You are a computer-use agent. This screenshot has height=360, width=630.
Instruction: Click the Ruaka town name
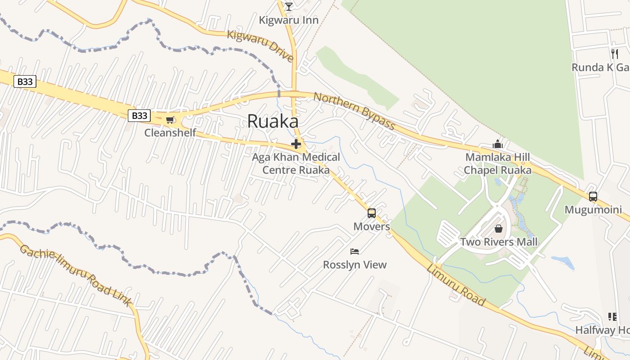point(273,121)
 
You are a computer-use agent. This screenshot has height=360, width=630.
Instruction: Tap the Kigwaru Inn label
point(289,20)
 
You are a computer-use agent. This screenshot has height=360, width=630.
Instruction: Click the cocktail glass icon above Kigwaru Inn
point(289,6)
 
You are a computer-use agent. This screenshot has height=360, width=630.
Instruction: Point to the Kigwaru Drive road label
point(261,46)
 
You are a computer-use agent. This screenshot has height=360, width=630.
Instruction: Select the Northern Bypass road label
point(354,110)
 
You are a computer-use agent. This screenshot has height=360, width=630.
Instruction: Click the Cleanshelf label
point(170,133)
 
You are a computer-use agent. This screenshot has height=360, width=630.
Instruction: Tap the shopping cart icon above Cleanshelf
point(170,120)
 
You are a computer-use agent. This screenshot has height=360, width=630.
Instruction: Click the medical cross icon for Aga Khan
point(296,144)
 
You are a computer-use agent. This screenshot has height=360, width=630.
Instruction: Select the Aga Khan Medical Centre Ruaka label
point(296,164)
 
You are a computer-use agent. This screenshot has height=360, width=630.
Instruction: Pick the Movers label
point(372,226)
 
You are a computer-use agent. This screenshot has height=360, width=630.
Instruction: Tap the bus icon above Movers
point(372,213)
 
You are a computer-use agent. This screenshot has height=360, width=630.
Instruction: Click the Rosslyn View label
point(355,265)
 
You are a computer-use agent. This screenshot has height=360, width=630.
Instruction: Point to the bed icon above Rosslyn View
point(355,251)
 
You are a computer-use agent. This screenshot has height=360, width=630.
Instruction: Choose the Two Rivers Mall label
point(499,242)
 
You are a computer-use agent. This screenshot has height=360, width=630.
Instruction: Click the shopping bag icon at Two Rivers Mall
point(499,229)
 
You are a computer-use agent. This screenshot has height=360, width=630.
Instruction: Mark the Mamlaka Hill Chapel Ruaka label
point(498,164)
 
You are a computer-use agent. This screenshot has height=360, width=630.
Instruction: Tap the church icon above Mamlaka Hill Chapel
point(498,144)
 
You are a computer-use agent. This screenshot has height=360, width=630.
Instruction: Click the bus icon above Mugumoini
point(593,197)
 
